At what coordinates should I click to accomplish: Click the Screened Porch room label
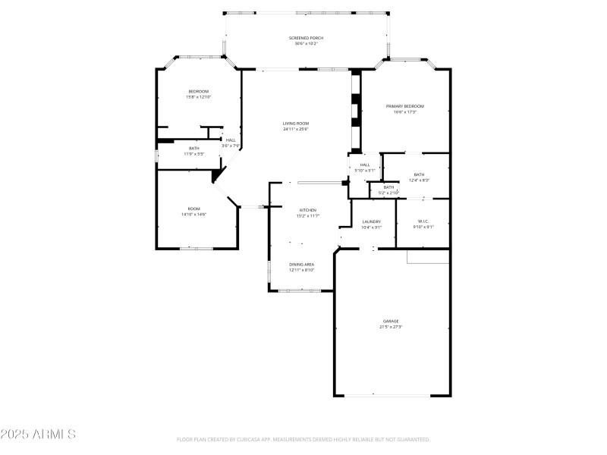click(x=307, y=38)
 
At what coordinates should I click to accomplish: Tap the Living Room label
click(x=296, y=124)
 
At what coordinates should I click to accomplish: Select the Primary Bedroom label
click(x=404, y=106)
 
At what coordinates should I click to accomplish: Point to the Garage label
click(x=390, y=321)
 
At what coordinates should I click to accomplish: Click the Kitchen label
click(x=307, y=210)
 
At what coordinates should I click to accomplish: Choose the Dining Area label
click(x=301, y=264)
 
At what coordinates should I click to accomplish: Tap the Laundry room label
click(x=371, y=221)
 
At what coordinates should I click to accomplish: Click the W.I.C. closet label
click(x=423, y=221)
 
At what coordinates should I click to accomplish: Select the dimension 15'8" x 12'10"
click(x=198, y=97)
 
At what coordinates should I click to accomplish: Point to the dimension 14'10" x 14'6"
click(x=194, y=215)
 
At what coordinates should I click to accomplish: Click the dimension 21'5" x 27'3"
click(x=390, y=327)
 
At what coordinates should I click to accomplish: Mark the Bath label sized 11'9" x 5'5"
click(x=194, y=148)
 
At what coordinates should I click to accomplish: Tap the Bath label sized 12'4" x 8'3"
click(x=420, y=174)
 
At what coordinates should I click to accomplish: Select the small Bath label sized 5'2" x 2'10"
click(x=388, y=187)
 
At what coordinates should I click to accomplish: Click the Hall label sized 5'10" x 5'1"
click(x=365, y=165)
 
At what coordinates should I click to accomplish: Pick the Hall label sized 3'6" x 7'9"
click(x=231, y=140)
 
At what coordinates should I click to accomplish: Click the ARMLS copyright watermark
click(x=38, y=435)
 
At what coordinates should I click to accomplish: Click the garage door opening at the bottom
click(x=392, y=395)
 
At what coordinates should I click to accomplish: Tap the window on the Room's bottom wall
click(x=196, y=248)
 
